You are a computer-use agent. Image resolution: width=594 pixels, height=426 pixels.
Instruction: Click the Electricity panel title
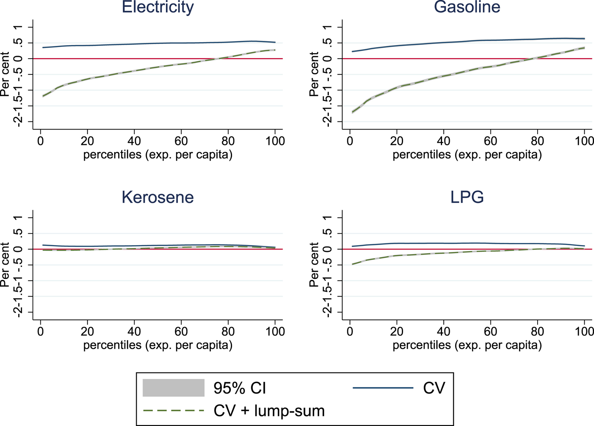point(157,7)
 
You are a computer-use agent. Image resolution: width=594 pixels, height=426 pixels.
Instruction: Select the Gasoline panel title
point(467,7)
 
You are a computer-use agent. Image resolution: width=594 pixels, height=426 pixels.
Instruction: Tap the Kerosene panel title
point(157,197)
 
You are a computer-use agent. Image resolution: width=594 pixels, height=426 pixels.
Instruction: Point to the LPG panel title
point(467,197)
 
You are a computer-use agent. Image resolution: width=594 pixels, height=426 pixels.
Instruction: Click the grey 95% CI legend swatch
point(174,388)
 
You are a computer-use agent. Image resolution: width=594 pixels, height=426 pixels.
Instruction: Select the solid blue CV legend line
point(383,388)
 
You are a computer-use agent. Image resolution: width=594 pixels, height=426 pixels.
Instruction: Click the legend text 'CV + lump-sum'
point(269,411)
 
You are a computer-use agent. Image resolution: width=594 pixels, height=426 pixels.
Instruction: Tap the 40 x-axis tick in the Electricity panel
point(134,141)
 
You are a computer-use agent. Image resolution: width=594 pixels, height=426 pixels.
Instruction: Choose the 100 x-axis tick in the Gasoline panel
point(584,141)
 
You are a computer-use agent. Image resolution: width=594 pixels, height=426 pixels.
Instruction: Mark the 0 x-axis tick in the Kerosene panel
point(41,332)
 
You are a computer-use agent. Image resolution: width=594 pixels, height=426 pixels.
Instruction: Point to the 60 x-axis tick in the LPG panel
point(490,332)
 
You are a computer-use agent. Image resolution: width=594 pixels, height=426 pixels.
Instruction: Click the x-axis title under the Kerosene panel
point(157,345)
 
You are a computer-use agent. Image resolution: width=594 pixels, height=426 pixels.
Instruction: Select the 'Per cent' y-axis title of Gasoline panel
point(314,74)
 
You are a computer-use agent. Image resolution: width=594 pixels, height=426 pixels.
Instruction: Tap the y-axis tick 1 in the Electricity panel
point(18,27)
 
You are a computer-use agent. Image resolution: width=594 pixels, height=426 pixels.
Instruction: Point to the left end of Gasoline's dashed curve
point(353,112)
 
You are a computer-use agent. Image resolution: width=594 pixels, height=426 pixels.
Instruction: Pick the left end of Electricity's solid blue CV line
point(43,48)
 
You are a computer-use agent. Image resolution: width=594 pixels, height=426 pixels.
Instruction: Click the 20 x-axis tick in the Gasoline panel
point(397,141)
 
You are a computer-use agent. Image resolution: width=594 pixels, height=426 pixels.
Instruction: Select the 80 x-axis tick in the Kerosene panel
point(228,332)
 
